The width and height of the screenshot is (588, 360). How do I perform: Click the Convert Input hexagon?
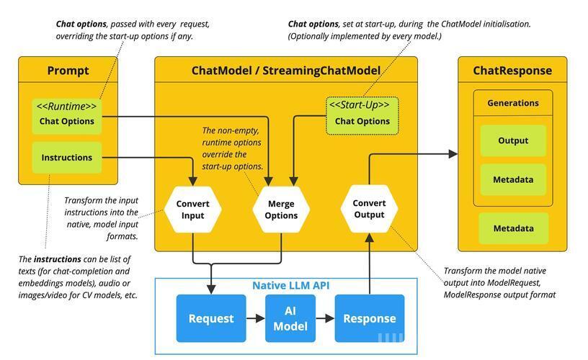[x=192, y=210]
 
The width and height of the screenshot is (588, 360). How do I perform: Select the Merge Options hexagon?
[x=281, y=210]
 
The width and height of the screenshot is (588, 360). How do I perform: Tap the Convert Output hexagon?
[x=370, y=209]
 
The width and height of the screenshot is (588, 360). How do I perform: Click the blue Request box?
[x=211, y=318]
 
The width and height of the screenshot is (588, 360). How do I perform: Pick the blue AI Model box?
[x=290, y=318]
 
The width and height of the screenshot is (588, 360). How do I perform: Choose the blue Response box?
[x=370, y=318]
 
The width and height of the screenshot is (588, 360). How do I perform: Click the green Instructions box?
[x=67, y=158]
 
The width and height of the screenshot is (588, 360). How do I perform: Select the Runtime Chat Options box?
[x=67, y=116]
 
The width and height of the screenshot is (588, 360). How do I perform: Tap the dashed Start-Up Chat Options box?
[x=362, y=116]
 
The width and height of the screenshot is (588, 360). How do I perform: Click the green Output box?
[x=513, y=141]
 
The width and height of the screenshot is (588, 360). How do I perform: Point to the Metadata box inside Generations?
[x=513, y=179]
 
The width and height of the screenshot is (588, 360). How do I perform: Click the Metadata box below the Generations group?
[x=513, y=228]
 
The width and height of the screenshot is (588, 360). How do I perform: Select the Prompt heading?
[x=68, y=71]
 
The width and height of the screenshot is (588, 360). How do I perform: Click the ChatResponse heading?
[x=512, y=71]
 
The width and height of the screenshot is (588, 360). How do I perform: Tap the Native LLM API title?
[x=291, y=285]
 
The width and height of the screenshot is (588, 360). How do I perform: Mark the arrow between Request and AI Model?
[x=256, y=318]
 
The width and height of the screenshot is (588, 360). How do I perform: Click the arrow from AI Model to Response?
[x=325, y=318]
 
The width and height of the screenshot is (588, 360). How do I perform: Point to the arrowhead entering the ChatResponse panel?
[x=453, y=153]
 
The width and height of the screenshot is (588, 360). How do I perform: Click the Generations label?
[x=513, y=103]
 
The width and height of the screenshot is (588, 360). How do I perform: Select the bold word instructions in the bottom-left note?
[x=58, y=259]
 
